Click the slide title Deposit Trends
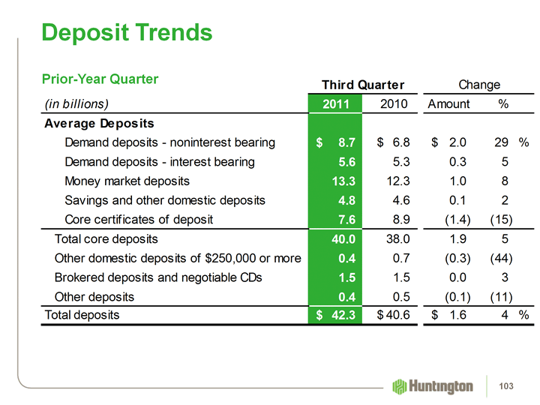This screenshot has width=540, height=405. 127,32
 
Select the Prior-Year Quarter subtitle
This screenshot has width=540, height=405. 100,79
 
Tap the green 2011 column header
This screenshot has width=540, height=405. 335,103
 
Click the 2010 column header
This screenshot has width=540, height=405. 394,103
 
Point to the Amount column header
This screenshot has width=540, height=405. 448,103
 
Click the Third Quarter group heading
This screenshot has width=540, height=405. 363,84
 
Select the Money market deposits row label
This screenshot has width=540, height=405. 127,181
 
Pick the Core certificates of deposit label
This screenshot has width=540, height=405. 139,220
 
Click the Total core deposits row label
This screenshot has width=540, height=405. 106,239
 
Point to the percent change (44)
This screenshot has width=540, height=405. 500,259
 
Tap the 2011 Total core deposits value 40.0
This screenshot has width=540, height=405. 341,239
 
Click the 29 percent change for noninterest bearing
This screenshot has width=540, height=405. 502,142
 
